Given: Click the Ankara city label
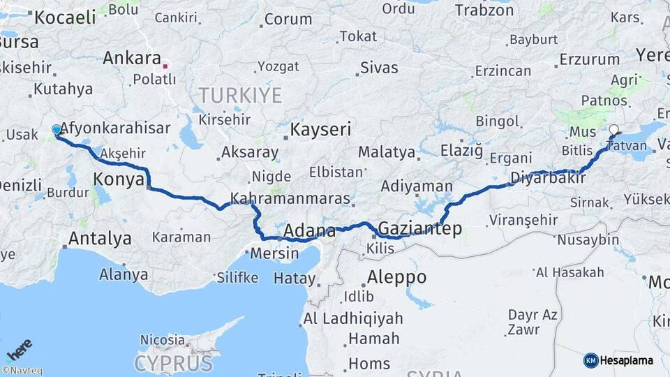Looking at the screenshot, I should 132,58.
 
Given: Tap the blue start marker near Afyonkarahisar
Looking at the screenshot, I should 57,130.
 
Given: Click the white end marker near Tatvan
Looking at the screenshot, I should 613,130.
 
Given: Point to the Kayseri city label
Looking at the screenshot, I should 320,129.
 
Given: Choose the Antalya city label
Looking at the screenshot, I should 100,239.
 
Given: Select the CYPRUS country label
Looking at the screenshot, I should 173,363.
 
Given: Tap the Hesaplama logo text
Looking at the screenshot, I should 627,360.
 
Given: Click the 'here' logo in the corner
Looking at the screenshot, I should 20,349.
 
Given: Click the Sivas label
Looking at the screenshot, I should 379,68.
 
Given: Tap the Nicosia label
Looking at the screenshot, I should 162,339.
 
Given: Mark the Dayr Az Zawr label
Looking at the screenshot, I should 532,322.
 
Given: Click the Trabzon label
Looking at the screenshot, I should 484,10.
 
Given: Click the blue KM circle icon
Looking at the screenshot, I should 590,360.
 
